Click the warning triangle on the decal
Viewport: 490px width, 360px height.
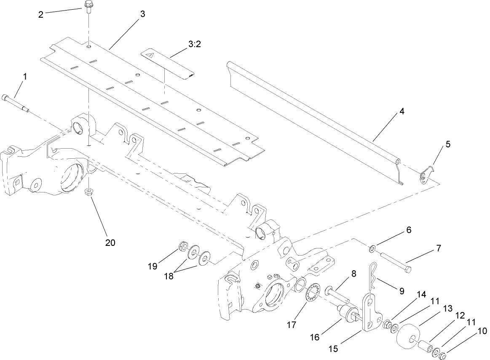click(148, 54)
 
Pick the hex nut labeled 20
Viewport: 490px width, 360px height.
click(89, 192)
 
